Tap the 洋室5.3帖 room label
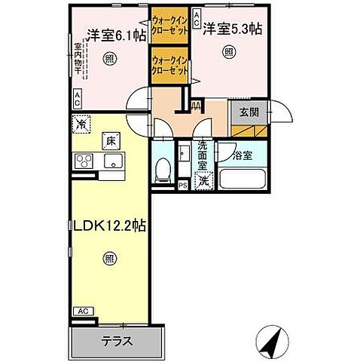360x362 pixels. pyautogui.click(x=230, y=30)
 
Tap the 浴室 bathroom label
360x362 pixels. pyautogui.click(x=242, y=157)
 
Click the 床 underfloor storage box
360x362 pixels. pyautogui.click(x=109, y=140)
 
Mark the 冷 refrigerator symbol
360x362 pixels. pyautogui.click(x=81, y=123)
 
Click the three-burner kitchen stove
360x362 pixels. pyautogui.click(x=83, y=161)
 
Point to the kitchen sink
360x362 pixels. pyautogui.click(x=113, y=161)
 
